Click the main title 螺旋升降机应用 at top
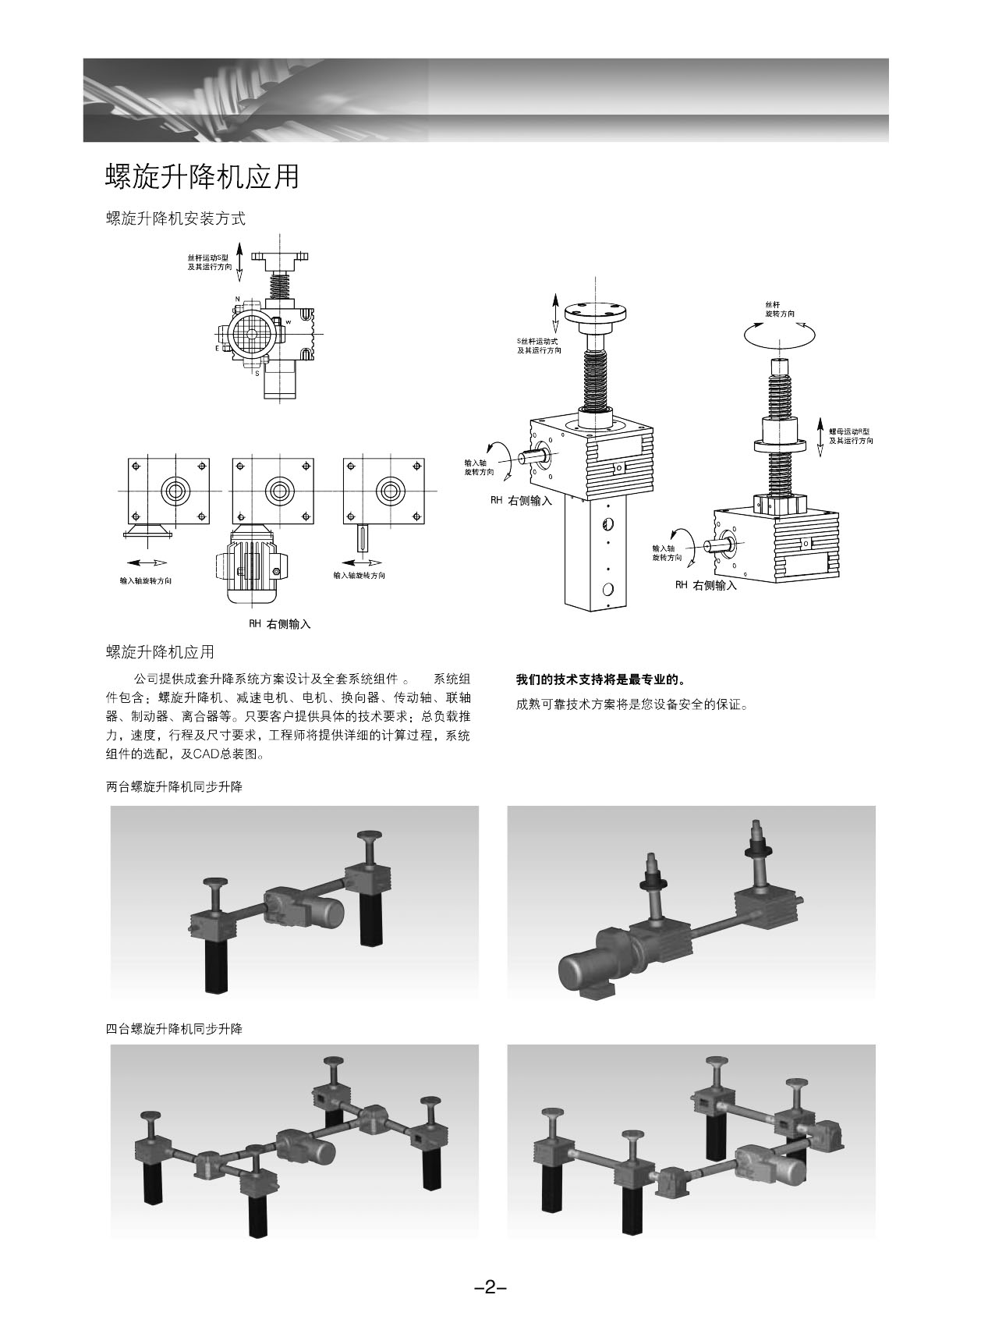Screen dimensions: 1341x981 tap(202, 177)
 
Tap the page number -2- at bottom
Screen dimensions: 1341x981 tap(490, 1287)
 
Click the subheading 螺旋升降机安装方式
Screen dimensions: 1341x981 tap(175, 219)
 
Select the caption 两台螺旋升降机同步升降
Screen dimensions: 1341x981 tap(174, 787)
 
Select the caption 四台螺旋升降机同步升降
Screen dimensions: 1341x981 tap(174, 1029)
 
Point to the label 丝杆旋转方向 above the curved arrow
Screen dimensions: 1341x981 tap(780, 309)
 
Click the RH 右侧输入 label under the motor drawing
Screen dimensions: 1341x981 tap(279, 624)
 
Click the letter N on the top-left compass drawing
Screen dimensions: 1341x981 tap(237, 300)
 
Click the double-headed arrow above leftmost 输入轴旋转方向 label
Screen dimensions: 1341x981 tap(146, 562)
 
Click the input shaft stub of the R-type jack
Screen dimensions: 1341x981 tap(715, 547)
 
